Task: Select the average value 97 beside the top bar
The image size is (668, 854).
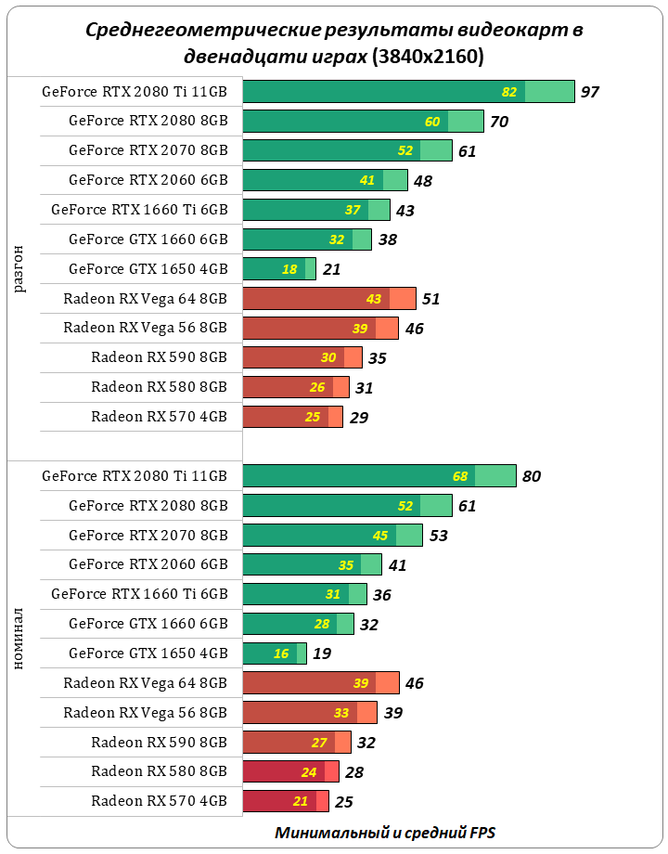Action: (590, 92)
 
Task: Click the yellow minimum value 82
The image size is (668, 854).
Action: (509, 92)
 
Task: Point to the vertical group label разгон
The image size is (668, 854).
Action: (20, 268)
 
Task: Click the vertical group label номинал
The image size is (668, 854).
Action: (20, 640)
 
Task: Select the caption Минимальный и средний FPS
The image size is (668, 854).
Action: (391, 832)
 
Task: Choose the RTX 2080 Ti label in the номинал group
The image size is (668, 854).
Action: (135, 476)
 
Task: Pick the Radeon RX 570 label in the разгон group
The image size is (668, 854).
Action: (159, 417)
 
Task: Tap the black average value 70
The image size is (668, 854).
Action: (499, 122)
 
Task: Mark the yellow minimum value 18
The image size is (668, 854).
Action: (289, 269)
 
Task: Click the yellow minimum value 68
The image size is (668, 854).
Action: (460, 476)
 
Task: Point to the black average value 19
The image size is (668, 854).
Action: (322, 653)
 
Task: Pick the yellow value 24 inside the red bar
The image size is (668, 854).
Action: (310, 772)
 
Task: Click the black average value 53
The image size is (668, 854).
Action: (439, 536)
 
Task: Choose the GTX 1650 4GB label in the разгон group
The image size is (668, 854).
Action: (148, 269)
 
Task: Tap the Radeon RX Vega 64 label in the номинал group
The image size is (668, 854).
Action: (146, 683)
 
